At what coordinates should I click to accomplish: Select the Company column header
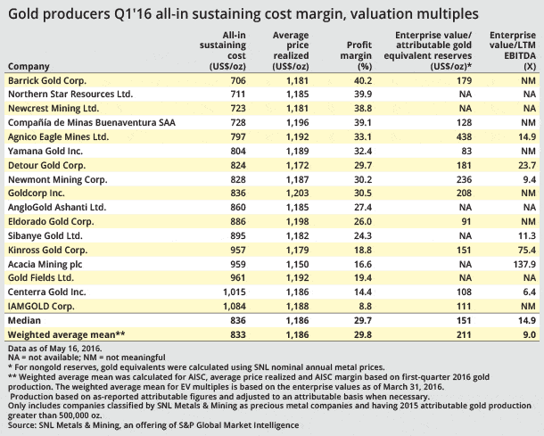coord(29,66)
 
